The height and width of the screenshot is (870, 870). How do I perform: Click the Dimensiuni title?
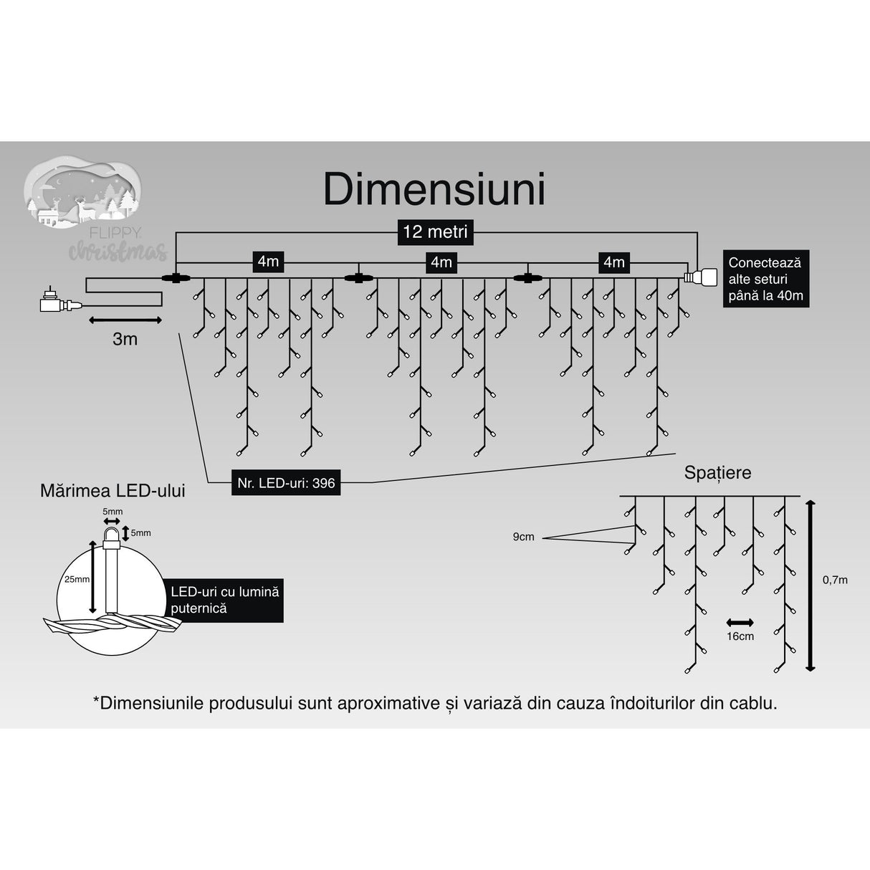point(434,189)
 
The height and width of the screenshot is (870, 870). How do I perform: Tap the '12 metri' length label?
point(435,231)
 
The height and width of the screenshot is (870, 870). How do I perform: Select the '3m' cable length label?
point(125,339)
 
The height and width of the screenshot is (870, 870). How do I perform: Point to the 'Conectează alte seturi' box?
point(765,279)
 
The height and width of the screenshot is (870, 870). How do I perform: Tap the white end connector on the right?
point(700,277)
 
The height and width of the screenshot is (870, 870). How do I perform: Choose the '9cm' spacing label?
point(523,537)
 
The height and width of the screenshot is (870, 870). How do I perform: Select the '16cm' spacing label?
point(740,636)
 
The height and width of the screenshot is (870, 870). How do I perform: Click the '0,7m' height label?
point(835,580)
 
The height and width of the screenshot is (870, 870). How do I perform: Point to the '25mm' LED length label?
point(77,579)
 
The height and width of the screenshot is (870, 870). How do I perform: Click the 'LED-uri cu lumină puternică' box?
point(224,600)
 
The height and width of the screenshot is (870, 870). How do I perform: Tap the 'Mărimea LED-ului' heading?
point(113,491)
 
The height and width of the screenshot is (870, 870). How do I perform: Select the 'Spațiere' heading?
point(717,473)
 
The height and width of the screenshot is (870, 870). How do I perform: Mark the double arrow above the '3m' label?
point(125,320)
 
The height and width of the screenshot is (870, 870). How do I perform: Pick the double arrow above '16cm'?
point(740,622)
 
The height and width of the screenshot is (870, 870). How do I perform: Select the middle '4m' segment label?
point(441,262)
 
